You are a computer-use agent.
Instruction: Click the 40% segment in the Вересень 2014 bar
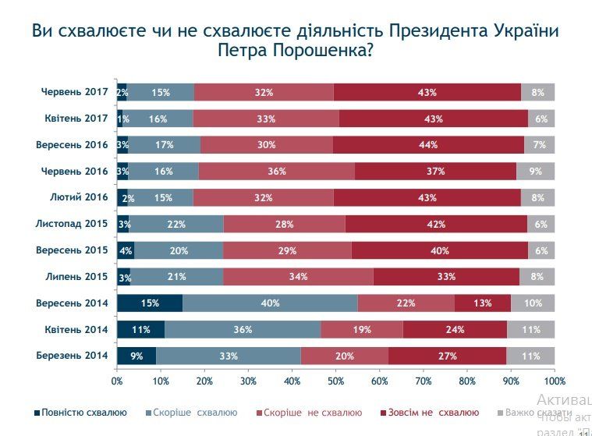[270, 303]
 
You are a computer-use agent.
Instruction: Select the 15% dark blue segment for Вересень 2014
[150, 303]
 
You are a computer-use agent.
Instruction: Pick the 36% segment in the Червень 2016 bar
[276, 171]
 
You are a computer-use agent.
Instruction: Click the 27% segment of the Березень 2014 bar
[447, 356]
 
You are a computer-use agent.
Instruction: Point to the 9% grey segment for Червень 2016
[535, 171]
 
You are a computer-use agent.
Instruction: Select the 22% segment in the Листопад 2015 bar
[175, 224]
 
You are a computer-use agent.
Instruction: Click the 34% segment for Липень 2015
[298, 276]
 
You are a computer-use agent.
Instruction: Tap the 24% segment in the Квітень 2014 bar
[455, 329]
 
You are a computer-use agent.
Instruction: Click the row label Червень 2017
[74, 92]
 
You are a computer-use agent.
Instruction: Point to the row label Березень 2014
[72, 356]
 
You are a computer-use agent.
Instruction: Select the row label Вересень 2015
[72, 250]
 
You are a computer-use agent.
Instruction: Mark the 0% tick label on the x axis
[117, 381]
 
